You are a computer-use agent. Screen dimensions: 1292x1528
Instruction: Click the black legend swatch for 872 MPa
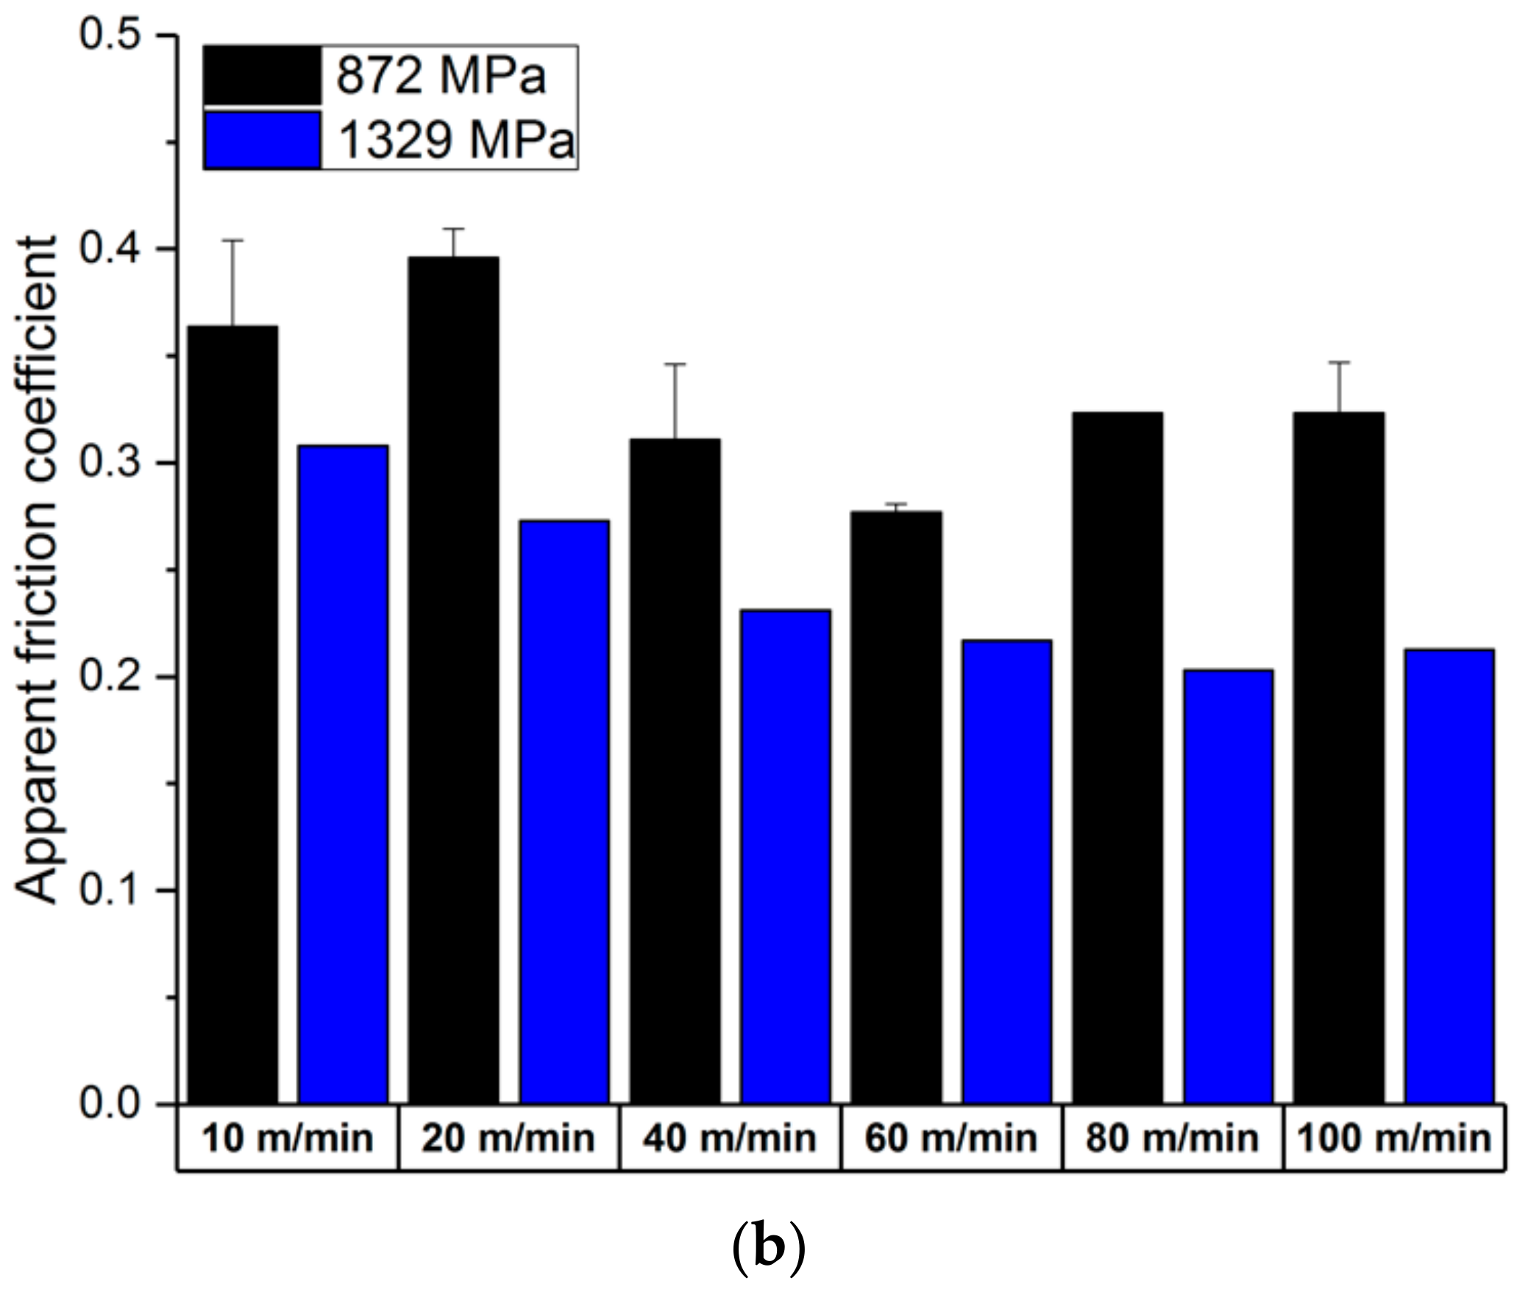pyautogui.click(x=262, y=75)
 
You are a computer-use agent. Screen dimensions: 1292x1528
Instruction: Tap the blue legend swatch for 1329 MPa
pyautogui.click(x=262, y=140)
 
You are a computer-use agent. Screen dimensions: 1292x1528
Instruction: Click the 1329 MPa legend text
pyautogui.click(x=456, y=140)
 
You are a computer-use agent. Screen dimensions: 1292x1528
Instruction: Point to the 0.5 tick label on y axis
pyautogui.click(x=110, y=35)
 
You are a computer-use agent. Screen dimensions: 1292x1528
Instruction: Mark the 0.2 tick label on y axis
pyautogui.click(x=110, y=677)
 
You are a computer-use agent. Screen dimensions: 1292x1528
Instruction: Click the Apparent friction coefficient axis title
pyautogui.click(x=37, y=570)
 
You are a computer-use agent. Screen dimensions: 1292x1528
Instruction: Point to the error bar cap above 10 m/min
pyautogui.click(x=233, y=240)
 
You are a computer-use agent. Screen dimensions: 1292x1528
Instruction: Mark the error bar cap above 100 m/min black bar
pyautogui.click(x=1338, y=363)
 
